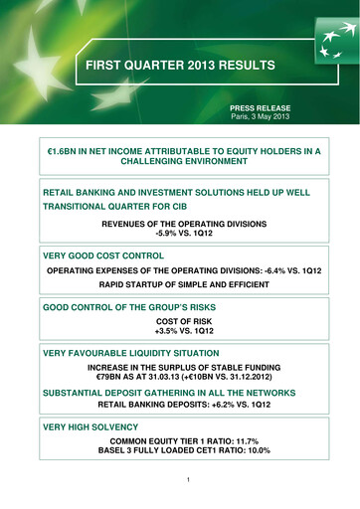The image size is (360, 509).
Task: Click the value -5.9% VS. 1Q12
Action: [180, 236]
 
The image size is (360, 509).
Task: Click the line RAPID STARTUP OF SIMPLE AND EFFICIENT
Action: [180, 289]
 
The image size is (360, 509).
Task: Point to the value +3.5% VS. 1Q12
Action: [180, 337]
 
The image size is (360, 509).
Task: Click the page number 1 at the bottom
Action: [180, 485]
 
